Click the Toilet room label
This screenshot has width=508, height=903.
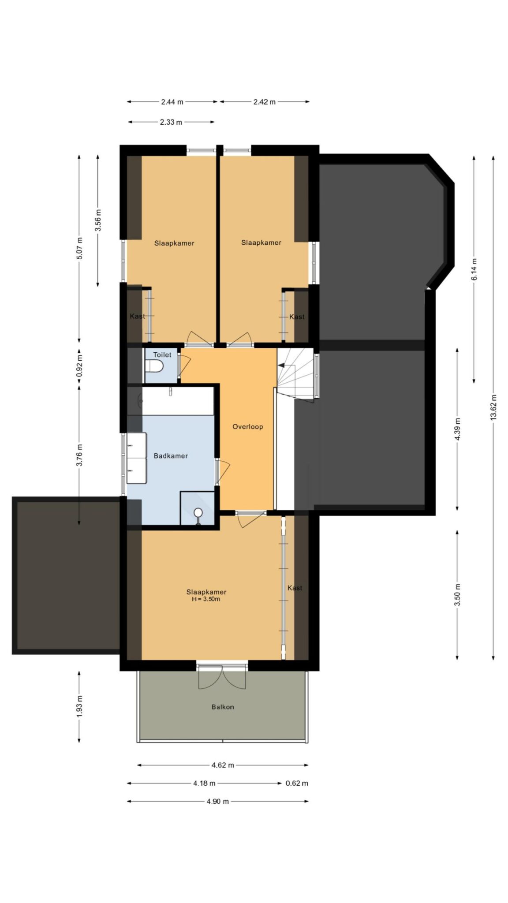(162, 354)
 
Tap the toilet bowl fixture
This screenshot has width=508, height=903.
(154, 366)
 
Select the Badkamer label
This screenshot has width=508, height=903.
(171, 456)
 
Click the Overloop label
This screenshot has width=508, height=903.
(248, 426)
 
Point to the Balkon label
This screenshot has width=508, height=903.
(223, 707)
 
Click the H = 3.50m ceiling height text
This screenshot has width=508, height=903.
(206, 599)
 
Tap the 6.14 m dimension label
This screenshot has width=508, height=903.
(474, 269)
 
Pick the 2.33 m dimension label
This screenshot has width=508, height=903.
(171, 122)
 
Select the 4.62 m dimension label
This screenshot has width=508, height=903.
(223, 765)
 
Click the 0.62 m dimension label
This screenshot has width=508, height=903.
(297, 783)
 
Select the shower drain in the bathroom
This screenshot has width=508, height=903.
(198, 512)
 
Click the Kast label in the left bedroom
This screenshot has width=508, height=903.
(137, 316)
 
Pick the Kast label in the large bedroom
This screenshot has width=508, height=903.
(295, 588)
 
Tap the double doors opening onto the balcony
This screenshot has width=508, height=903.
(222, 676)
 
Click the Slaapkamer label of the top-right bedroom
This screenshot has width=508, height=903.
(261, 243)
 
